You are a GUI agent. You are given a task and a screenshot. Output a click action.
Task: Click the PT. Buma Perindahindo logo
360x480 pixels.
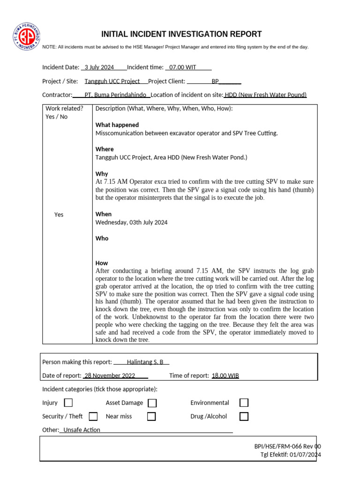coord(27,37)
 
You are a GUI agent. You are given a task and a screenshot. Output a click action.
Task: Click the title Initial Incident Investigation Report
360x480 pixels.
coord(181,34)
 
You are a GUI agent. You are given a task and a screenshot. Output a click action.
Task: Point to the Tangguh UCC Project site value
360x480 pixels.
coord(112,81)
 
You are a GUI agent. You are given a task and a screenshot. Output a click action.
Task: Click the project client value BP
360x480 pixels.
coord(215,81)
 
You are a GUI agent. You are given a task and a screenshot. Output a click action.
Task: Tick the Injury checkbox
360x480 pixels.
coord(68,403)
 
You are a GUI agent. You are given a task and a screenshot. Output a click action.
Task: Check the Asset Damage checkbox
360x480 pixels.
coord(152,403)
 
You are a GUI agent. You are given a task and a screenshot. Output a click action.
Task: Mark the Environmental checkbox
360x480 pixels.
coord(244,403)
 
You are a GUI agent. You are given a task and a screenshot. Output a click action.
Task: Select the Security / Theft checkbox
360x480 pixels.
coord(93,416)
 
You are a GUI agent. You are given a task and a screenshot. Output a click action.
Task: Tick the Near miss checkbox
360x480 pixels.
coord(151,416)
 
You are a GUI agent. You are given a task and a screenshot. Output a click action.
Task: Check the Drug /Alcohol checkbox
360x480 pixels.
coord(244,416)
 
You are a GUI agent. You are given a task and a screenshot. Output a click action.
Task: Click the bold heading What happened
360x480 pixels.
coord(117,125)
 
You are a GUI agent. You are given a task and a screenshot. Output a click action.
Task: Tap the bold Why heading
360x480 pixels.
coord(102,174)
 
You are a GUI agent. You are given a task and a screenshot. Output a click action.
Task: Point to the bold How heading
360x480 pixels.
coord(102,263)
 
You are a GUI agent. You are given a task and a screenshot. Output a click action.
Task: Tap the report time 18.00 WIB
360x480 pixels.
coord(225,375)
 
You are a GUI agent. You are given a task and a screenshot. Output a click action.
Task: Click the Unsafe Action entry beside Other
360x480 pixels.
coord(82,430)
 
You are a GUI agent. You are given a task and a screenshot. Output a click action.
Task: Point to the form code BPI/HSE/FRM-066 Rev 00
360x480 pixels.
coord(287,447)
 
